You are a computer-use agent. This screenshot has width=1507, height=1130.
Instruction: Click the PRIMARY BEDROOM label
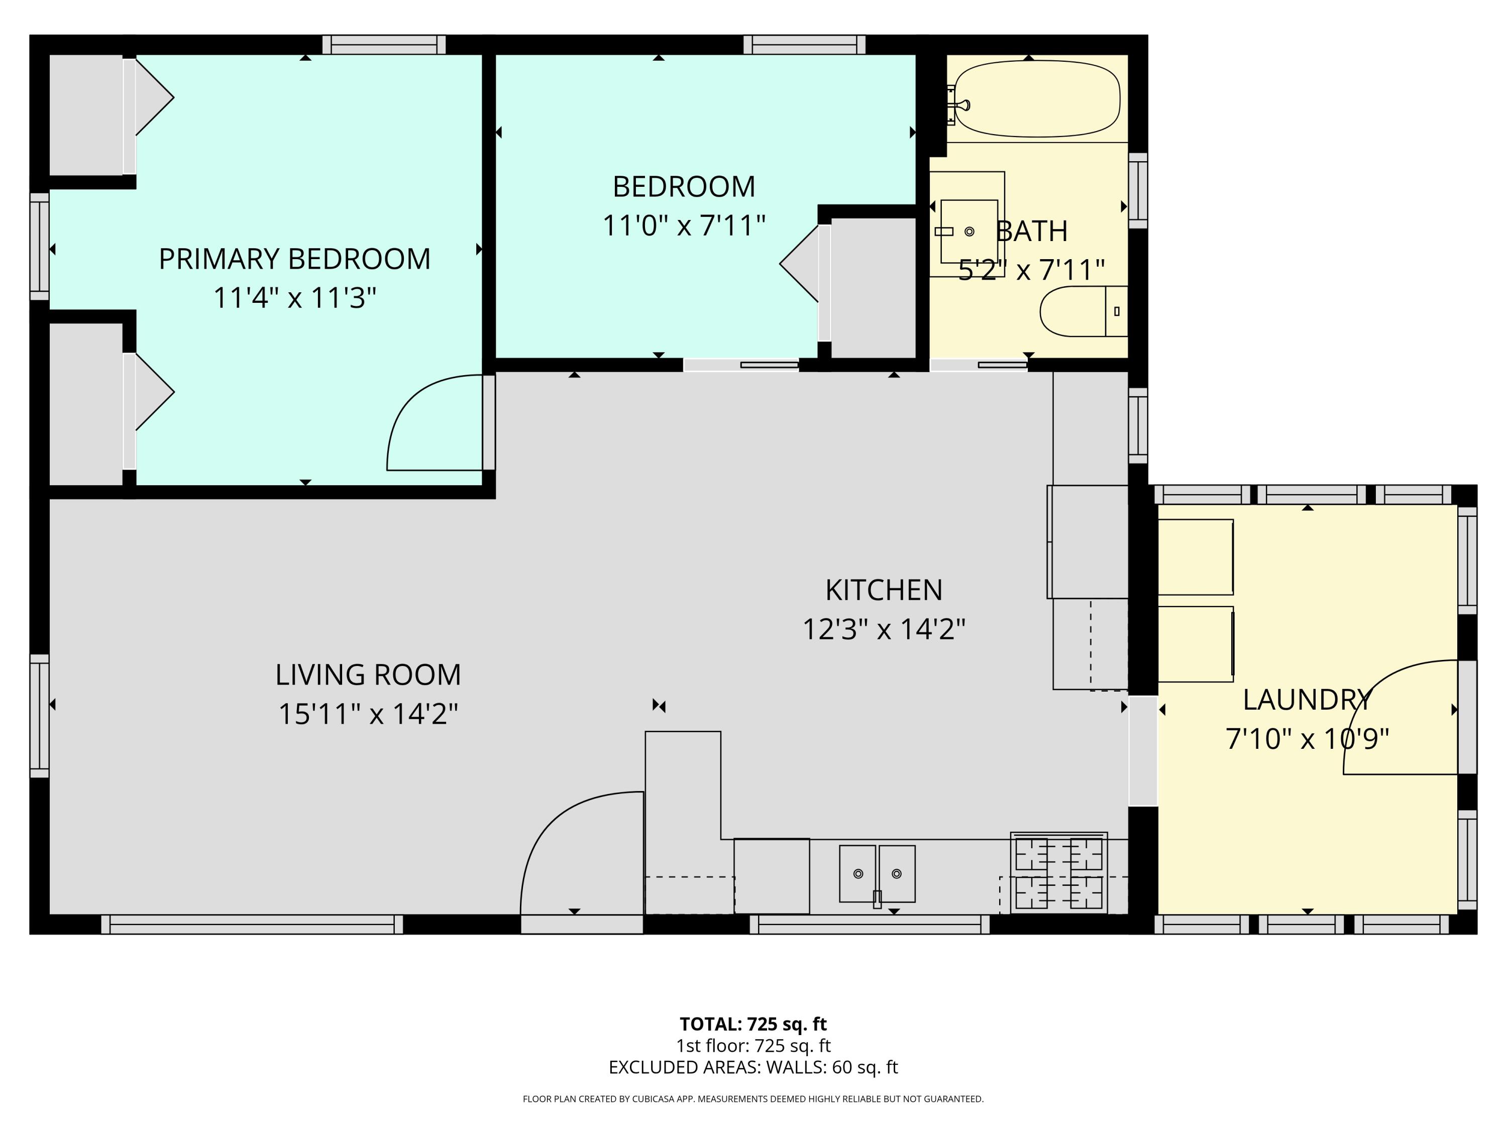(294, 259)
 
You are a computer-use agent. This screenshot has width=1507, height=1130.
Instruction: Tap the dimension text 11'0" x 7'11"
(684, 225)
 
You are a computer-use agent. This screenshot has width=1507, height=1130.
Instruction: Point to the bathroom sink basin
(969, 231)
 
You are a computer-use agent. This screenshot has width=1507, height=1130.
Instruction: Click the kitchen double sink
(877, 873)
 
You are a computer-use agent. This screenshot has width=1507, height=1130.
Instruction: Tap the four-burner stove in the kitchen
(1059, 872)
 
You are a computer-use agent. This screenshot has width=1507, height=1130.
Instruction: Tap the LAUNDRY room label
(1307, 700)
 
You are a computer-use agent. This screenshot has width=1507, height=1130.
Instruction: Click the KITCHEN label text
(884, 590)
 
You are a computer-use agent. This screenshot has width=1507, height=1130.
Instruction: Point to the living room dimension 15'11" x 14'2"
(368, 714)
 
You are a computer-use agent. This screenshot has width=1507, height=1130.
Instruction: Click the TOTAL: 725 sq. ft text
(753, 1024)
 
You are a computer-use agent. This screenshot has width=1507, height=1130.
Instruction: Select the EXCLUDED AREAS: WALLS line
(753, 1067)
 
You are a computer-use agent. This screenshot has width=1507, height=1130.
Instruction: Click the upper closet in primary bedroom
(86, 115)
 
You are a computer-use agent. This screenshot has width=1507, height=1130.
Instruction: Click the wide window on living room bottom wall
(252, 924)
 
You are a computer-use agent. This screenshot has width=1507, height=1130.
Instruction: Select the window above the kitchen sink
(870, 924)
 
